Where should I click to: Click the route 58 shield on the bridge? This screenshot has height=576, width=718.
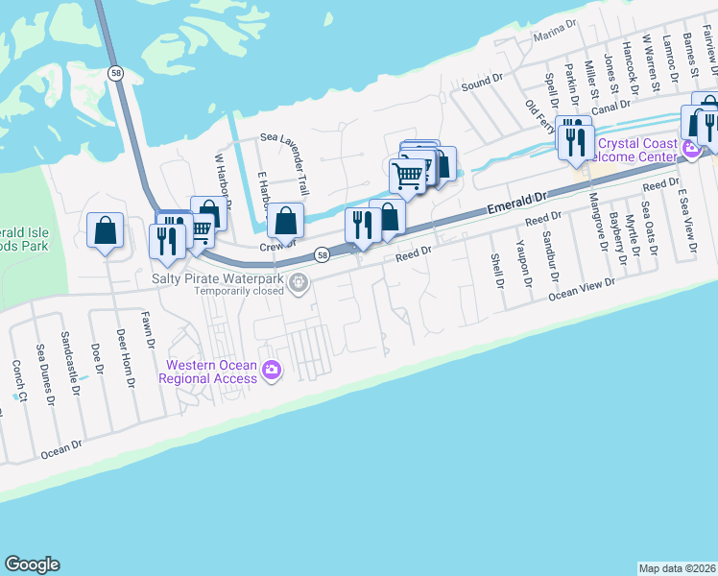click(x=115, y=74)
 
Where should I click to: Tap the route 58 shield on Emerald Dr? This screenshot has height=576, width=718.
click(x=323, y=254)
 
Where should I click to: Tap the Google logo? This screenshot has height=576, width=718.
click(x=32, y=564)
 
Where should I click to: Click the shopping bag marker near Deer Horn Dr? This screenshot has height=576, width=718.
click(x=105, y=231)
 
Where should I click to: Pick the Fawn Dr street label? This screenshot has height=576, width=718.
click(x=148, y=327)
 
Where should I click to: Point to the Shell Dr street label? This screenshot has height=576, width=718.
click(x=497, y=271)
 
